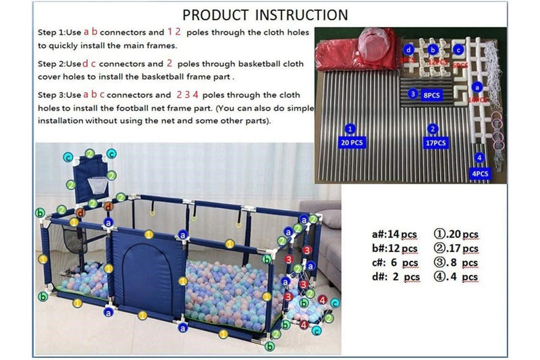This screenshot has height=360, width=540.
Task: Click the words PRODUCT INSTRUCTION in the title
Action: click(265, 14)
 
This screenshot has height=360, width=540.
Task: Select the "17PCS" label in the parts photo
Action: click(436, 143)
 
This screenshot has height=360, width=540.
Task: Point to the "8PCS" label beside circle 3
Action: click(432, 95)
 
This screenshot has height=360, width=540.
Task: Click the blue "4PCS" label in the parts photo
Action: click(480, 174)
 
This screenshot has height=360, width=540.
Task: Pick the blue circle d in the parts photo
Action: click(408, 49)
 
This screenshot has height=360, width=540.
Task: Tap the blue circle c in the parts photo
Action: click(458, 49)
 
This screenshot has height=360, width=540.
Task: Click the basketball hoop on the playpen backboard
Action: click(98, 181)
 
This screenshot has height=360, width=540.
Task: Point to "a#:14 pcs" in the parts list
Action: click(394, 234)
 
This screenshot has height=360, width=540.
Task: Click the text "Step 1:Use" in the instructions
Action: click(59, 32)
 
